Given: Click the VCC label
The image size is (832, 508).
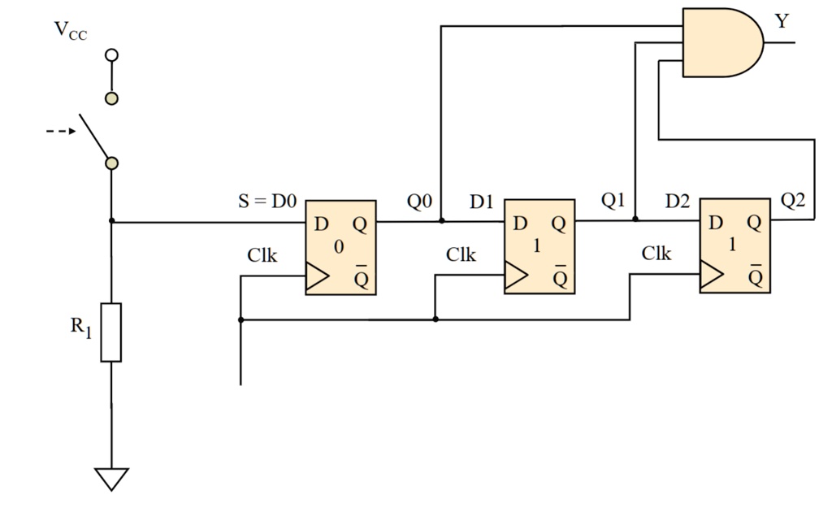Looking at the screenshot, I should [70, 31].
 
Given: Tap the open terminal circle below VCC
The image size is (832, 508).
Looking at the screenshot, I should [112, 54].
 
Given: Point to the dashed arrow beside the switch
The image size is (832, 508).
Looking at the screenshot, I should [61, 131].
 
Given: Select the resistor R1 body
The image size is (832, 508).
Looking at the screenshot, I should [111, 332].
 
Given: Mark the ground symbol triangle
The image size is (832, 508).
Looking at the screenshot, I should [112, 479].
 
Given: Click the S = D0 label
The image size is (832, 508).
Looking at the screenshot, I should [267, 202].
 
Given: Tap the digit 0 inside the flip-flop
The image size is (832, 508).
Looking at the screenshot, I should [339, 247].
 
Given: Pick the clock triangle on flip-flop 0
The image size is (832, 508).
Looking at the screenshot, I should [317, 276].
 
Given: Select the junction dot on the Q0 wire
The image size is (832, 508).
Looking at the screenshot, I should [441, 220].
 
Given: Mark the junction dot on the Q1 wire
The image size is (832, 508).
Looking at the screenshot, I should [635, 219].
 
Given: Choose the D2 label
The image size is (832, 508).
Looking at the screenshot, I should [677, 202].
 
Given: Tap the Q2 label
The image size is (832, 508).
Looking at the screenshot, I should [794, 199].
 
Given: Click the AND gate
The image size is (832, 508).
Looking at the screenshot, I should [719, 43].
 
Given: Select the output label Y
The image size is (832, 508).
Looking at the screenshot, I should [782, 22].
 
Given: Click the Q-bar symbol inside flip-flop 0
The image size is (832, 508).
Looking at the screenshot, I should [361, 277].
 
